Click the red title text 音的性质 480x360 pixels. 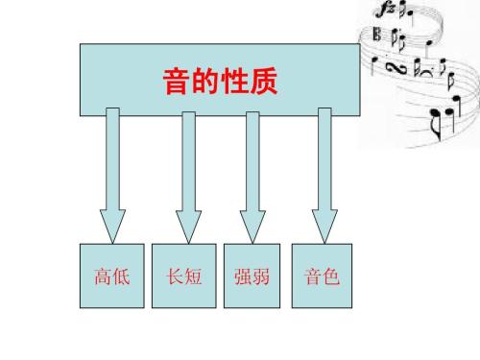[220, 84]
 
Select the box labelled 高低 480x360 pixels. [112, 277]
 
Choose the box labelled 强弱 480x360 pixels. [252, 277]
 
